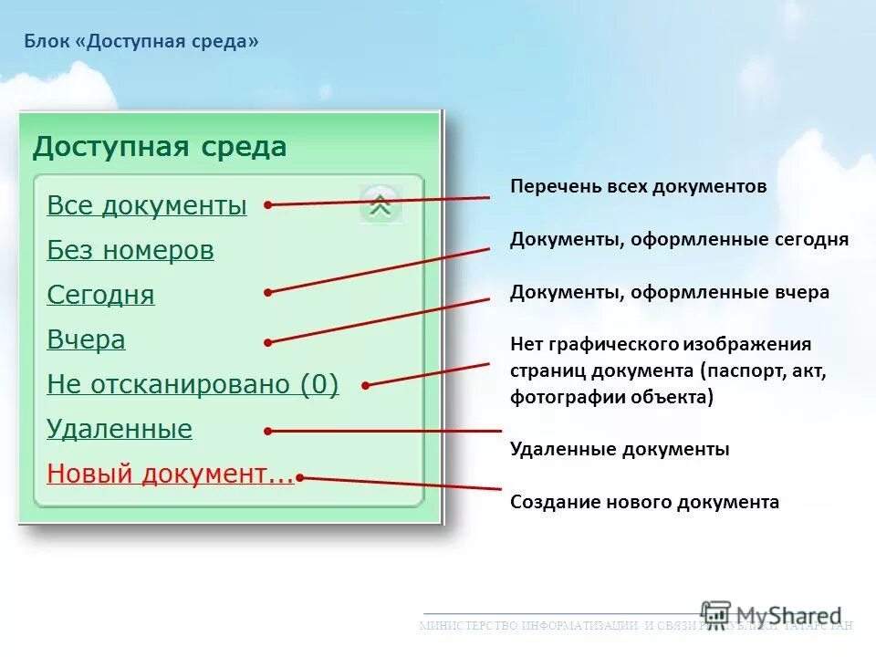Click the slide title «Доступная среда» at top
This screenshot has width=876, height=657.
pyautogui.click(x=141, y=42)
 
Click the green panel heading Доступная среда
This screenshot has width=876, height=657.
pyautogui.click(x=160, y=147)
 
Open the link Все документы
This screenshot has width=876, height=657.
pyautogui.click(x=146, y=205)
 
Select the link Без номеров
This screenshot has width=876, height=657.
pyautogui.click(x=130, y=250)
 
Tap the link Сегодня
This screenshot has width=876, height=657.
pyautogui.click(x=100, y=295)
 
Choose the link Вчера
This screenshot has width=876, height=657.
pyautogui.click(x=86, y=339)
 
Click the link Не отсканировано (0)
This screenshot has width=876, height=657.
pyautogui.click(x=192, y=384)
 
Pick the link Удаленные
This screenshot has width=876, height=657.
pyautogui.click(x=119, y=429)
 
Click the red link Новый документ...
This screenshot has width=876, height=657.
pyautogui.click(x=170, y=474)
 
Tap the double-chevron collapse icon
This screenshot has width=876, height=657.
pyautogui.click(x=381, y=205)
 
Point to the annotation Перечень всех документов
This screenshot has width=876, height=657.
pyautogui.click(x=638, y=186)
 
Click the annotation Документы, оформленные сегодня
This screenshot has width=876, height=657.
pyautogui.click(x=679, y=239)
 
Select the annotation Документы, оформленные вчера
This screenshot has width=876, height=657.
pyautogui.click(x=669, y=292)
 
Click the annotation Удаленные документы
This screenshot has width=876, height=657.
pyautogui.click(x=619, y=449)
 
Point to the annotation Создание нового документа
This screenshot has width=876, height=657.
pyautogui.click(x=644, y=502)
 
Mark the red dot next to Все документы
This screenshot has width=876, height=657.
pyautogui.click(x=267, y=205)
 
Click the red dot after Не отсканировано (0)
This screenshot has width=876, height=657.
pyautogui.click(x=365, y=385)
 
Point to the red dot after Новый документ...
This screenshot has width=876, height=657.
pyautogui.click(x=300, y=475)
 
